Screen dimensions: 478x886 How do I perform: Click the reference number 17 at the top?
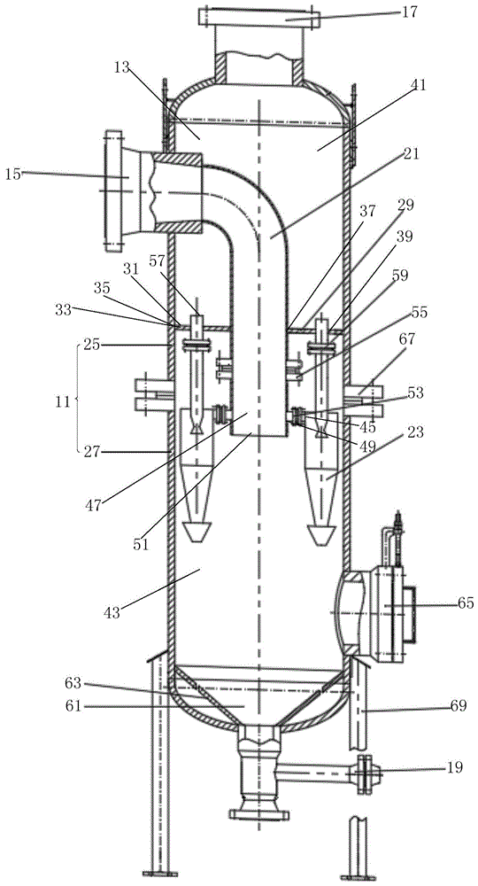[x=409, y=12]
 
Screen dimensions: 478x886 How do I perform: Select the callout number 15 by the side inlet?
[x=12, y=174]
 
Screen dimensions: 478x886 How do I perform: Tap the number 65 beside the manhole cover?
[x=465, y=602]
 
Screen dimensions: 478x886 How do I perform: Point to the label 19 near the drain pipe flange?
[x=455, y=767]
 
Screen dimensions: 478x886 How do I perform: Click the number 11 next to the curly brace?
[x=63, y=401]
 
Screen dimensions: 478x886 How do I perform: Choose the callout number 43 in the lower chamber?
[x=112, y=612]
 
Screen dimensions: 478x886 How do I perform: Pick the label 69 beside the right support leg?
[x=458, y=705]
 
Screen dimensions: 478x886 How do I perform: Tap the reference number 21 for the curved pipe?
[x=412, y=153]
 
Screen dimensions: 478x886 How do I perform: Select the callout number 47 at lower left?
[x=93, y=505]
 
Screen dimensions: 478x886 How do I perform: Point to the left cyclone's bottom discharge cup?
[x=197, y=532]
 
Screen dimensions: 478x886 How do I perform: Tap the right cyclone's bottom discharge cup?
[x=320, y=534]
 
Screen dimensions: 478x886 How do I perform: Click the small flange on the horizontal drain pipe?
[x=365, y=773]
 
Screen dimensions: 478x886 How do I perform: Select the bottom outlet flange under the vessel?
[x=259, y=815]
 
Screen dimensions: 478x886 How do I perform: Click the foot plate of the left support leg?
[x=159, y=874]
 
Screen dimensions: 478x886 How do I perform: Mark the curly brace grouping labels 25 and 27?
[x=78, y=398]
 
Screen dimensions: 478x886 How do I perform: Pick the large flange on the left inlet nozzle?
[x=113, y=191]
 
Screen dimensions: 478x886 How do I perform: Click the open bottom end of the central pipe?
[x=259, y=435]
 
